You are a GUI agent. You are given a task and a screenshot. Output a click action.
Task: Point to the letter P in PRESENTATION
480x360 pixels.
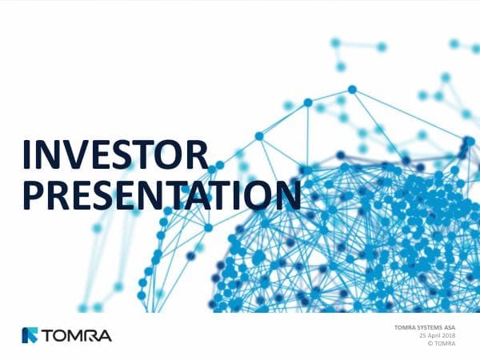pyautogui.click(x=32, y=194)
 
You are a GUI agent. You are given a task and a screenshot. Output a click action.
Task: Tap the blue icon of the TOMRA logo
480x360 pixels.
pyautogui.click(x=30, y=334)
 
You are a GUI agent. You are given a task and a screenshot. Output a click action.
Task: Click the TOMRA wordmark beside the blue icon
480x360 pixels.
pyautogui.click(x=77, y=334)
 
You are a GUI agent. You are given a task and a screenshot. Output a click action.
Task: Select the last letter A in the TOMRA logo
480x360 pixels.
pyautogui.click(x=105, y=334)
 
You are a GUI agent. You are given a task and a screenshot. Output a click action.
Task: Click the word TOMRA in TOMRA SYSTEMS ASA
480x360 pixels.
pyautogui.click(x=406, y=328)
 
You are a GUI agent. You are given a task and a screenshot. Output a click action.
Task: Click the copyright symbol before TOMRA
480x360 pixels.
pyautogui.click(x=432, y=344)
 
